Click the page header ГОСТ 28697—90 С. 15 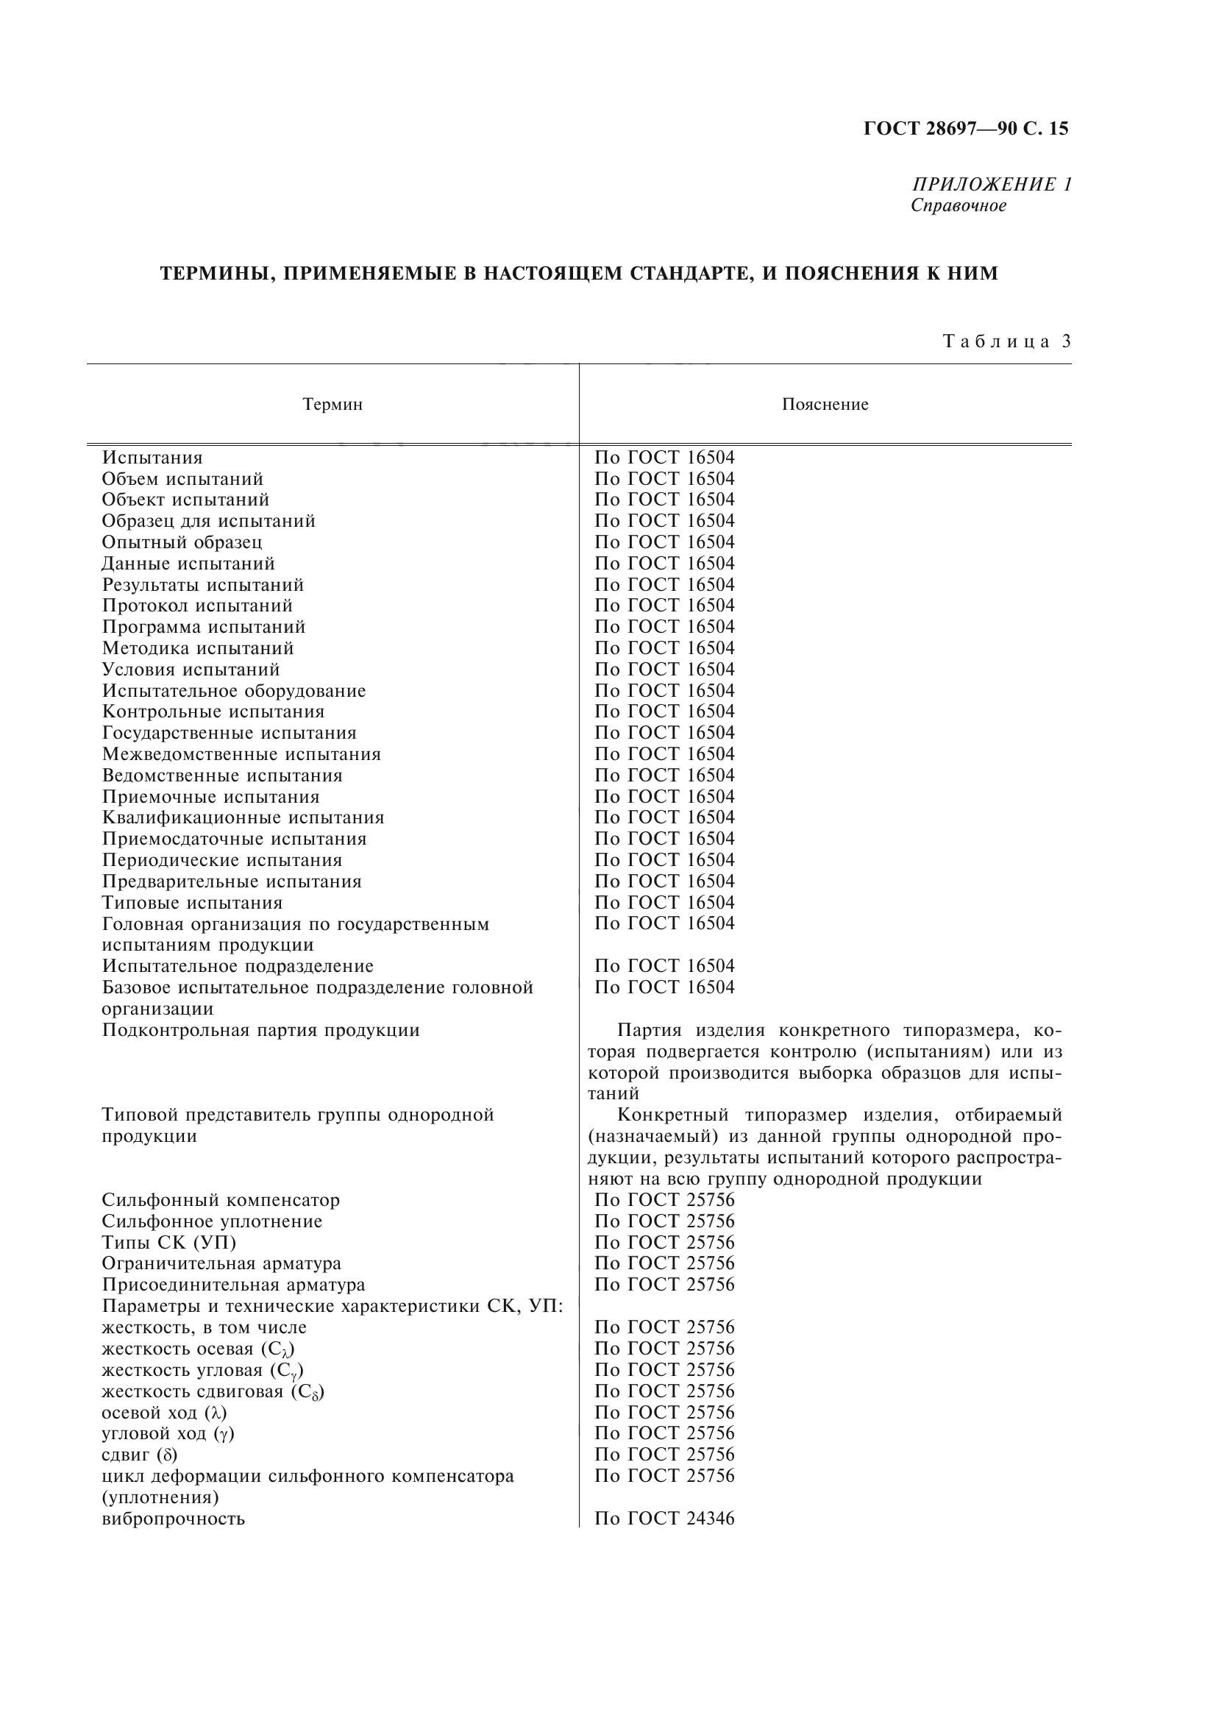pyautogui.click(x=966, y=129)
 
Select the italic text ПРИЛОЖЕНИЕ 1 pyautogui.click(x=990, y=185)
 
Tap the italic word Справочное pyautogui.click(x=959, y=205)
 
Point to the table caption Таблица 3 pyautogui.click(x=1006, y=342)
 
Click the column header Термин pyautogui.click(x=333, y=405)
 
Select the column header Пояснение pyautogui.click(x=825, y=405)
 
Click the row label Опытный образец pyautogui.click(x=182, y=542)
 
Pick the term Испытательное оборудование pyautogui.click(x=234, y=690)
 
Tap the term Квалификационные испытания pyautogui.click(x=243, y=817)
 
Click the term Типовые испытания pyautogui.click(x=193, y=903)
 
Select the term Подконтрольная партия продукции pyautogui.click(x=260, y=1030)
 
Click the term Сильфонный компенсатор pyautogui.click(x=221, y=1200)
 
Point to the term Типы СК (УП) pyautogui.click(x=169, y=1243)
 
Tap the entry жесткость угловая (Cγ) pyautogui.click(x=202, y=1370)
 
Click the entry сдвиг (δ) pyautogui.click(x=139, y=1455)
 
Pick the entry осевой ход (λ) pyautogui.click(x=164, y=1412)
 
